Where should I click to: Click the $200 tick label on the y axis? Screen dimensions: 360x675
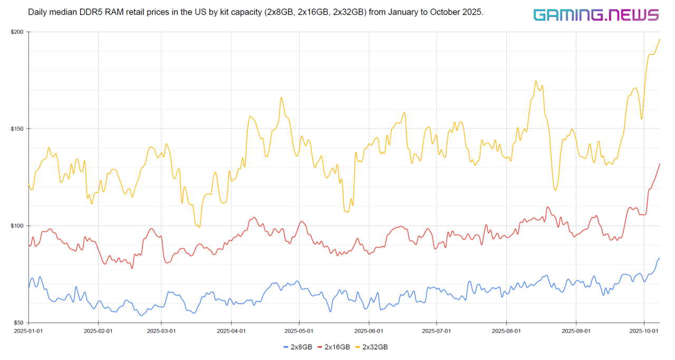tap(17, 32)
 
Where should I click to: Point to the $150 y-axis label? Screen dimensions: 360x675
tap(17, 129)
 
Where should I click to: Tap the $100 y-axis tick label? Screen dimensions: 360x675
tap(17, 226)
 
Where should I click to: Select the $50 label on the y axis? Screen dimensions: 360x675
tap(18, 323)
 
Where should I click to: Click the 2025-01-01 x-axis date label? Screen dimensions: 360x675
tap(28, 331)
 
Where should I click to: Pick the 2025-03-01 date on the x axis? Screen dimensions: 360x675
tap(161, 331)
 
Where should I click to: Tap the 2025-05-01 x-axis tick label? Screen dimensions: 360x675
tap(299, 331)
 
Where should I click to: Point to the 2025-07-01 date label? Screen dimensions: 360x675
tap(437, 331)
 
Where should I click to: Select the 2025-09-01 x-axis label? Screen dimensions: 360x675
tap(576, 331)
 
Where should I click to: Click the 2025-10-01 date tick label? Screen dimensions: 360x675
tap(643, 331)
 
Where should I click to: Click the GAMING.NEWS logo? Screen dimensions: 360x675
tap(595, 15)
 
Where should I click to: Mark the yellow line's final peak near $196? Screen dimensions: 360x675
tap(659, 39)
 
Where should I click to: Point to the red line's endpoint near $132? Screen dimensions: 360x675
tap(659, 164)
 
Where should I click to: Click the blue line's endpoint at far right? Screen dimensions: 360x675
tap(659, 258)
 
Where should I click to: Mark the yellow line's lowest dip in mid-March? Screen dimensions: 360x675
tap(199, 227)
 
